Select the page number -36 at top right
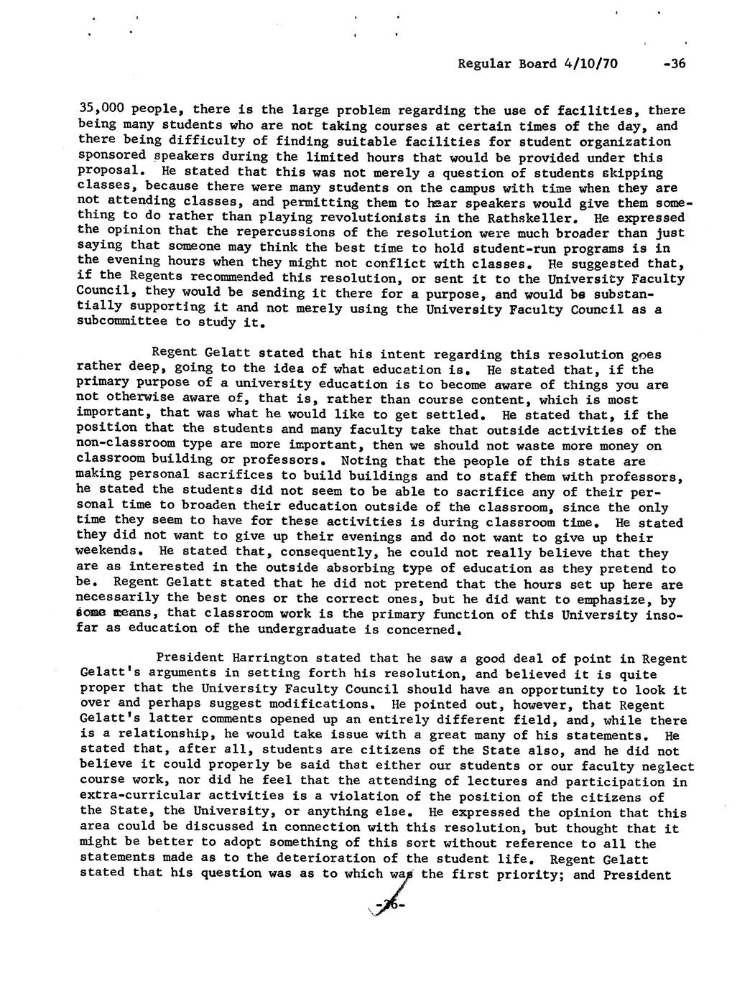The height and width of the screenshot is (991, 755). point(675,63)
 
